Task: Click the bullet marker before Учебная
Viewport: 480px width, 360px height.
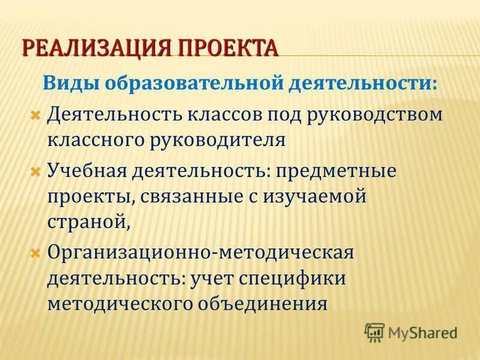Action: (35, 171)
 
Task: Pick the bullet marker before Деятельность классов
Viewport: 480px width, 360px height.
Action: (35, 113)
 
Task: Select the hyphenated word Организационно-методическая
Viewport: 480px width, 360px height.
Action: (200, 252)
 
